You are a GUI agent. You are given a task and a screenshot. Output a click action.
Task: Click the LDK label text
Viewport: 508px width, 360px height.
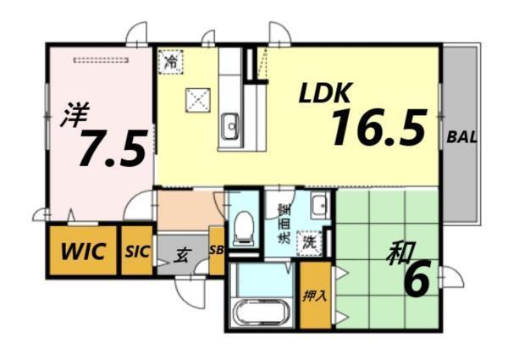click(x=325, y=93)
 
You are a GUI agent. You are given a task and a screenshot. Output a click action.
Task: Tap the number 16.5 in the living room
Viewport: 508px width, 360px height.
click(x=379, y=127)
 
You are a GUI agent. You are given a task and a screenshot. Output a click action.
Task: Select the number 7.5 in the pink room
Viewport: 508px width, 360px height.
click(x=113, y=147)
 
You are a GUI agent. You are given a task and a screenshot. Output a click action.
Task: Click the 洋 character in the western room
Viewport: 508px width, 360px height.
click(x=75, y=114)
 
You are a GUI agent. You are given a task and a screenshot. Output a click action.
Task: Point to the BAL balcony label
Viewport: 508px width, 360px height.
click(x=462, y=137)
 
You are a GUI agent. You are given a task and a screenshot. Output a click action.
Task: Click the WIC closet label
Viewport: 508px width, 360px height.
click(x=83, y=251)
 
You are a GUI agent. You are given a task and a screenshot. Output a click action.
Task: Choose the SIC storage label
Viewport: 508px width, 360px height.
click(x=137, y=251)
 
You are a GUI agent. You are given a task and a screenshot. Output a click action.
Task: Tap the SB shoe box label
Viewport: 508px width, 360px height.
click(x=217, y=250)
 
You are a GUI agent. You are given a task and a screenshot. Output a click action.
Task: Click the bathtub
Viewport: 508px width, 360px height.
click(x=260, y=312)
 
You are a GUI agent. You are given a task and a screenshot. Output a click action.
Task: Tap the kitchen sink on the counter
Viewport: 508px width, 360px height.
click(x=230, y=125)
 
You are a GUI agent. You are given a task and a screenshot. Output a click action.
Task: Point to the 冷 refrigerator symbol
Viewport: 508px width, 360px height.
click(x=171, y=62)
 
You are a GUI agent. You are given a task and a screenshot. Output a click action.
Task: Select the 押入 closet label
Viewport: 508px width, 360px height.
click(x=315, y=296)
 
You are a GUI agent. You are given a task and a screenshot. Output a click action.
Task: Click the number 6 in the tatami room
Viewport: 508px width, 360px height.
click(x=417, y=280)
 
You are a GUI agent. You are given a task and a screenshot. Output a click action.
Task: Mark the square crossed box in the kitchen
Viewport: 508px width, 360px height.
click(x=198, y=100)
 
